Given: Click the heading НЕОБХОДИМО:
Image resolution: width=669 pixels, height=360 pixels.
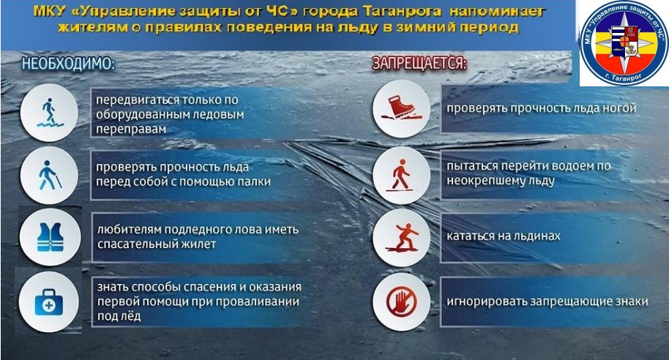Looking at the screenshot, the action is (68, 64).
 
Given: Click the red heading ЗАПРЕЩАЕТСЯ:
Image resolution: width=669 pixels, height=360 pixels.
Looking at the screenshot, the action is (419, 63).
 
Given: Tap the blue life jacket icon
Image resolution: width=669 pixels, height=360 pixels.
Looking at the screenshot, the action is (51, 237).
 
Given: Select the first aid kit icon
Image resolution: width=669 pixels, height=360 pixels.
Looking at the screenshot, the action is (48, 302).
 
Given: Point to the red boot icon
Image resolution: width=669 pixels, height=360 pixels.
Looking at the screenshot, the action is (402, 108).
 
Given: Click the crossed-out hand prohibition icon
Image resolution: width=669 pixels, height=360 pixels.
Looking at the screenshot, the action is (401, 301).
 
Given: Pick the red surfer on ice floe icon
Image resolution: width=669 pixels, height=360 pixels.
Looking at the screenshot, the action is (402, 237).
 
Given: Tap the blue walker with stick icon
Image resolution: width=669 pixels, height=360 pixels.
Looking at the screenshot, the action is (50, 175).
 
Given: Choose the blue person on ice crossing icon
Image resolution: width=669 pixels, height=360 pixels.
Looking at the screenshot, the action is (50, 113).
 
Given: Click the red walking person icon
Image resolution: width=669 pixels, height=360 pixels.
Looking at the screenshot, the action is (400, 175).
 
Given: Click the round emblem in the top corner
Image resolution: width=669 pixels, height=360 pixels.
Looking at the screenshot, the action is (624, 42).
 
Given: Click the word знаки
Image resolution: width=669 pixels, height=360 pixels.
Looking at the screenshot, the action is (632, 301).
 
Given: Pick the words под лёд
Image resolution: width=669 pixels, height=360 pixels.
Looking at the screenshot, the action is (119, 316).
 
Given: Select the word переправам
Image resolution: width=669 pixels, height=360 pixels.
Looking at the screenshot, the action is (130, 130).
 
